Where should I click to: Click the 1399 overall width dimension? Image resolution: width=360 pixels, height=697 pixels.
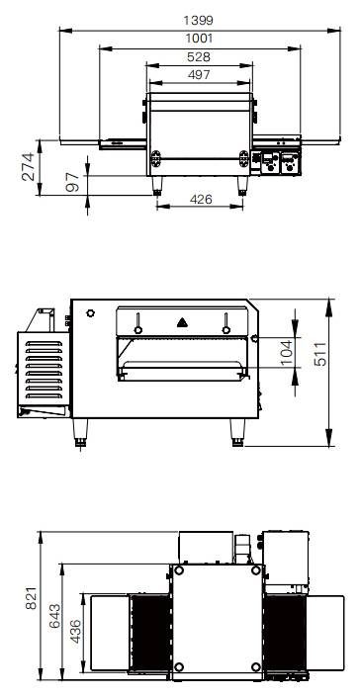198,21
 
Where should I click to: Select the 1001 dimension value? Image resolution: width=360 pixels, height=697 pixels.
199,39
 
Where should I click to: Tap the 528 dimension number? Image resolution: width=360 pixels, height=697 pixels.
199,57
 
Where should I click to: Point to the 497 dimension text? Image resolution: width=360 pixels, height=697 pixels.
199,75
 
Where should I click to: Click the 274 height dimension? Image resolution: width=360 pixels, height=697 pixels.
28,167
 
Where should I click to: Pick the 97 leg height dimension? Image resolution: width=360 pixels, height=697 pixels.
72,182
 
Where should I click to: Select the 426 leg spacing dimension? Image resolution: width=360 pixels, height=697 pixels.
201,200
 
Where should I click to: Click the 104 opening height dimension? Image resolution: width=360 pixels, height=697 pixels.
286,353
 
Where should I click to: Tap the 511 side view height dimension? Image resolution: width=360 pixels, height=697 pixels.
320,354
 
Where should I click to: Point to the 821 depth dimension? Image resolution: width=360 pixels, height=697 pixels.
31,598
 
